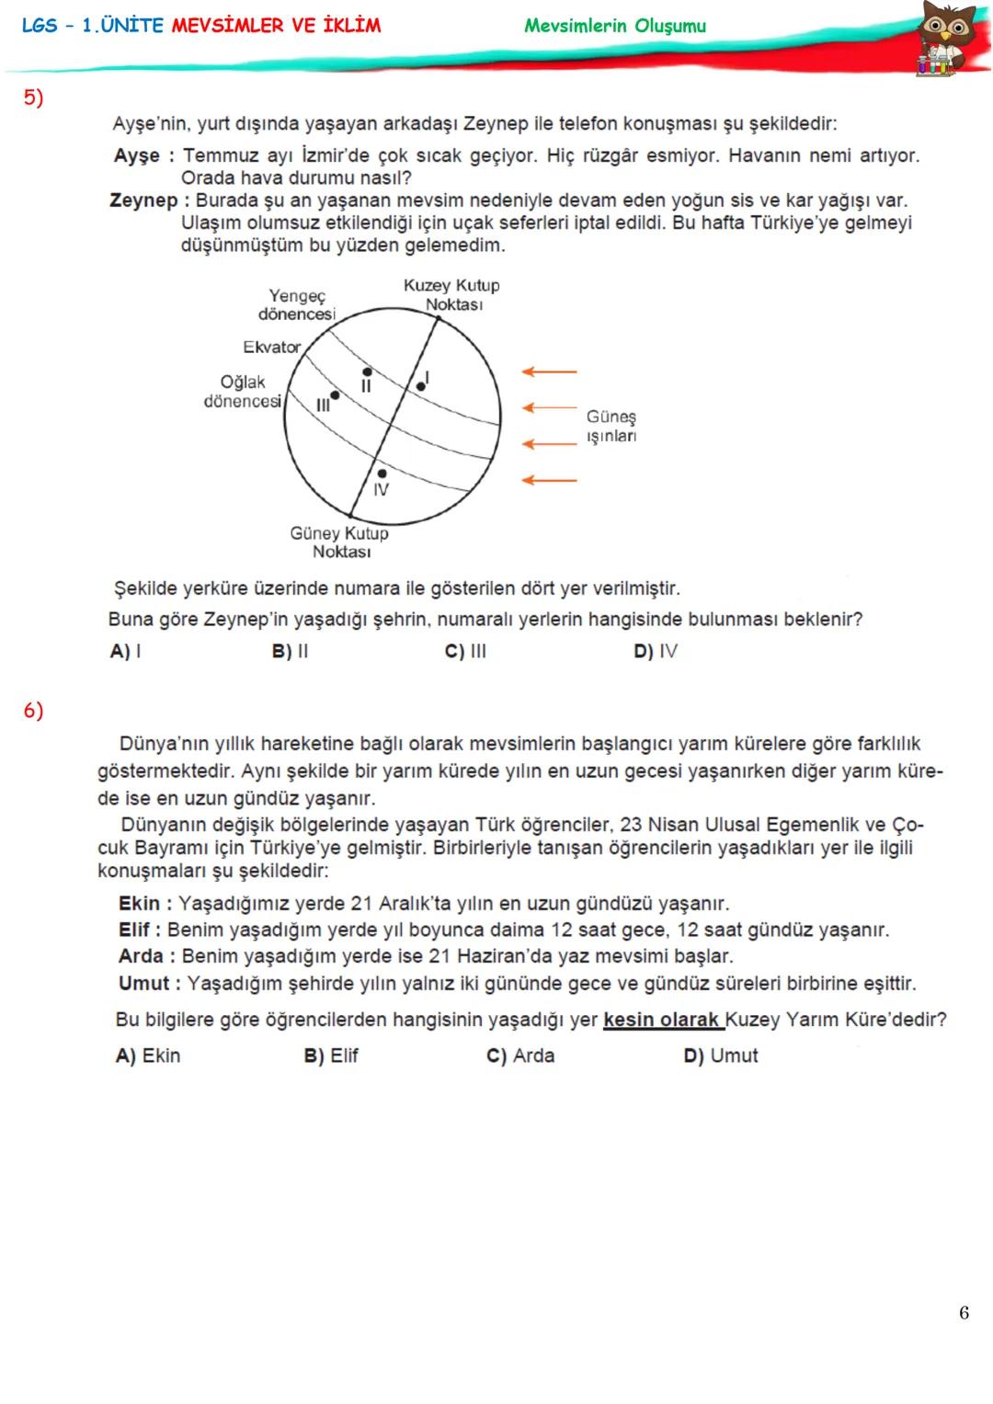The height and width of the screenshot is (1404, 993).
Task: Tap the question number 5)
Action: (33, 98)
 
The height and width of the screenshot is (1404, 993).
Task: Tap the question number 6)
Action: (33, 710)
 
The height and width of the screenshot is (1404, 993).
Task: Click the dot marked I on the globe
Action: (420, 386)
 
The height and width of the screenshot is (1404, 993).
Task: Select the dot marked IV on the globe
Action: (382, 473)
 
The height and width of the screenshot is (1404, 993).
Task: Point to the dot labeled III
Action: (335, 395)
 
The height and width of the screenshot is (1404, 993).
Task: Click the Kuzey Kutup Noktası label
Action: (451, 295)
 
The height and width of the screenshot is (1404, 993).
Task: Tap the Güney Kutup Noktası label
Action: (340, 542)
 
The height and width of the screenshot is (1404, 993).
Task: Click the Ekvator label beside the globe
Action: (271, 347)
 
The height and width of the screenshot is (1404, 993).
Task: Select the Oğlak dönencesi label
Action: (242, 392)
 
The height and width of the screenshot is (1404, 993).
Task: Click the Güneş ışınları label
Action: (611, 427)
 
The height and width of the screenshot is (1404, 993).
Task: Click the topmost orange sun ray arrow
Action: (550, 371)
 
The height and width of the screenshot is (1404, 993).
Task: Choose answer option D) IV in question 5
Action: (655, 652)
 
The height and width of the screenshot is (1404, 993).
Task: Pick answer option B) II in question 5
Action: (290, 652)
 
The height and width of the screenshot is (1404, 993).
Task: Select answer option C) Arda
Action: (520, 1056)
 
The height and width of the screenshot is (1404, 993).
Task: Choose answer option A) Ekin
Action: (148, 1056)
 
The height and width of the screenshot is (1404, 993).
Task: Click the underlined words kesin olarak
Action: (662, 1020)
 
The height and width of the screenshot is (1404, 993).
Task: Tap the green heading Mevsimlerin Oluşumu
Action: (615, 26)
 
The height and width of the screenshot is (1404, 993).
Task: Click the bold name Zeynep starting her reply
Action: (143, 200)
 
